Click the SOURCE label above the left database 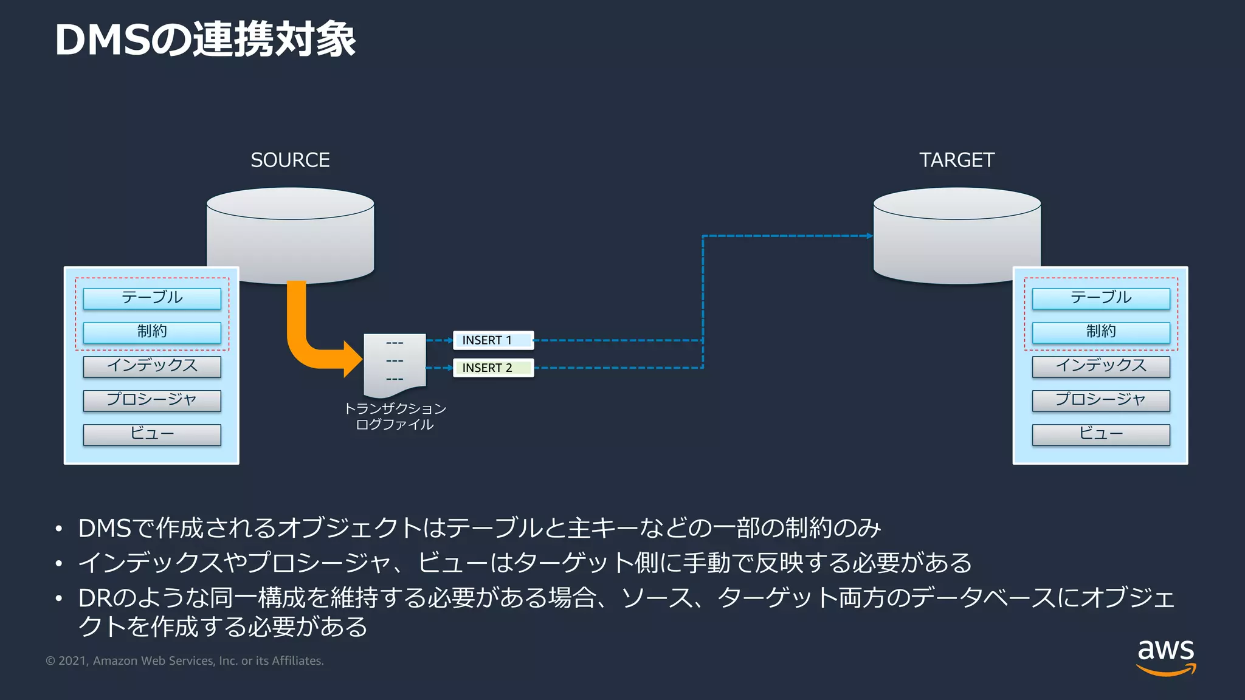coord(290,160)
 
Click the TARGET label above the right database coord(956,160)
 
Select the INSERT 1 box coord(493,340)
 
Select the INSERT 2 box coord(493,368)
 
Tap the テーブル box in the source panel coord(152,298)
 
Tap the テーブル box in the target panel coord(1100,298)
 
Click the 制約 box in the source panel coord(152,332)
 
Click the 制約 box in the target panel coord(1100,332)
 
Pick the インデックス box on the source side coord(152,366)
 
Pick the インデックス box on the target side coord(1100,366)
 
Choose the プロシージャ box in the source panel coord(152,400)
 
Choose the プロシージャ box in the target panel coord(1100,400)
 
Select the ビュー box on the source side coord(152,434)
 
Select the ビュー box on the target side coord(1100,434)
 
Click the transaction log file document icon coord(395,363)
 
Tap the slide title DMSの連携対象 coord(205,40)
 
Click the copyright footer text coord(185,661)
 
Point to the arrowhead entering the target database coord(870,236)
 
